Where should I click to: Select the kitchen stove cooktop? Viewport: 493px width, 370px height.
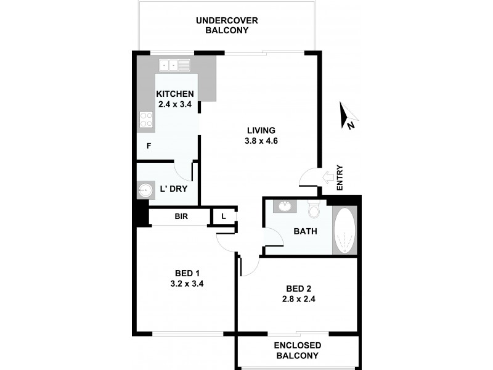146,118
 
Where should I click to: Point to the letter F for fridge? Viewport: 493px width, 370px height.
149,146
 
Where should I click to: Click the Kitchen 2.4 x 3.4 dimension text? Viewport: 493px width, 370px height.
176,104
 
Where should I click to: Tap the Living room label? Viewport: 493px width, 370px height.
261,130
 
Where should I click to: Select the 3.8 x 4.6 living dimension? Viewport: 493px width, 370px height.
261,141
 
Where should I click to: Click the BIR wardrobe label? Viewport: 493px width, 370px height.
181,216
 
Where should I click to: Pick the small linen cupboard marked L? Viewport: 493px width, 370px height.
222,216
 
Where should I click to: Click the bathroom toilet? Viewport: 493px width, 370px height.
314,210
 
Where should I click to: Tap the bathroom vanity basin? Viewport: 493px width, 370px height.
285,206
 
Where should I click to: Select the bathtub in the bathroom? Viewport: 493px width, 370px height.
344,231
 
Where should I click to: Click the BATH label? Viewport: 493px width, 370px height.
305,232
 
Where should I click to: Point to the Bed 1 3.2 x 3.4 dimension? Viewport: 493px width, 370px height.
187,284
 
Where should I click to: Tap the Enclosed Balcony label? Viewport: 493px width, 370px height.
296,351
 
